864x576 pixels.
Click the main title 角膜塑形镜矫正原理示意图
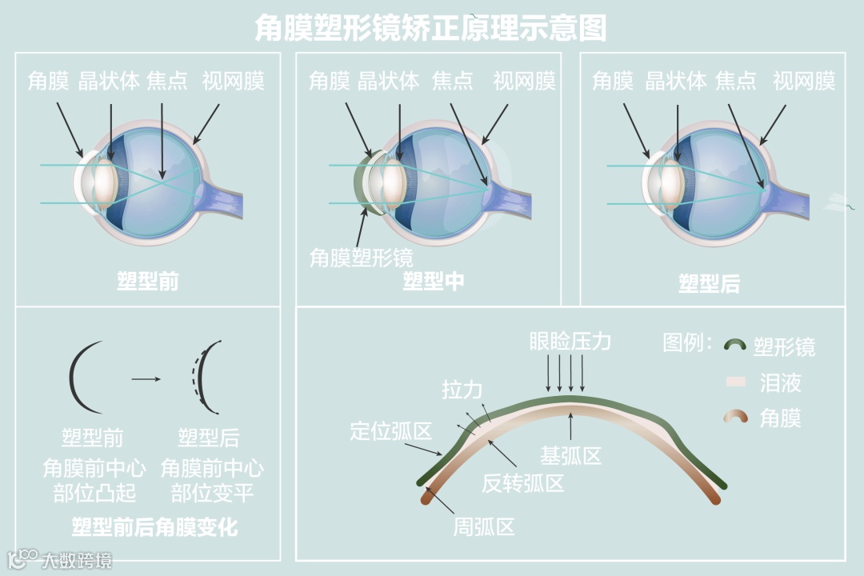point(430,28)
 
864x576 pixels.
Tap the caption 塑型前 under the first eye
point(148,282)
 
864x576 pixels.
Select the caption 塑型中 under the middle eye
point(433,281)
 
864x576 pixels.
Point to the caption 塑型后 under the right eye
point(709,283)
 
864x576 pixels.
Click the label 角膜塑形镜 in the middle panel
point(362,258)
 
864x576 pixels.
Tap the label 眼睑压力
point(570,342)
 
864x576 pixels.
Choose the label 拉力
point(462,390)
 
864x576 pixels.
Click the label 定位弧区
point(391,432)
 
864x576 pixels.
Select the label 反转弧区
point(523,483)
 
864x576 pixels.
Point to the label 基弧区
point(570,457)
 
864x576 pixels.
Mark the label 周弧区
point(484,526)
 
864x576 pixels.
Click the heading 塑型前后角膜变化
point(154,527)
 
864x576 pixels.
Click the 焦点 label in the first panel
point(167,81)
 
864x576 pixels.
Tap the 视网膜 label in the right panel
point(804,81)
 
